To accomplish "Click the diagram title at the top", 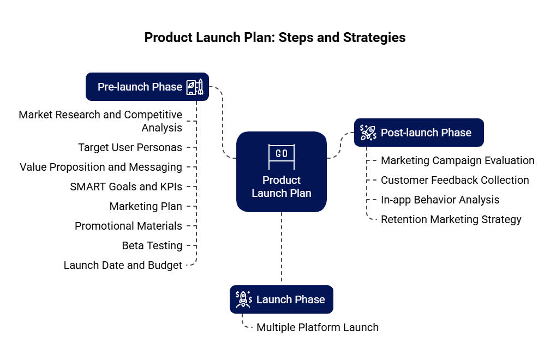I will [275, 38].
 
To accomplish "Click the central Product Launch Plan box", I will [282, 171].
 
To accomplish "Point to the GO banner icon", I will [282, 154].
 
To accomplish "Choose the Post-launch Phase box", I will [419, 133].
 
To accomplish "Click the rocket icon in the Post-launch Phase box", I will [368, 133].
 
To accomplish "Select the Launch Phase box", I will [282, 299].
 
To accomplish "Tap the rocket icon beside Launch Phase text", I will [243, 299].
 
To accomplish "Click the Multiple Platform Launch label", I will [317, 327].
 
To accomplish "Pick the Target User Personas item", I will [130, 147].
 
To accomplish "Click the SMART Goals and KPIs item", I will [126, 187].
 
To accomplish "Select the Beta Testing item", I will [152, 245].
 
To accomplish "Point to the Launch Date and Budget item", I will [123, 265].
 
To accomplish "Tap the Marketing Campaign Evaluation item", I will [457, 160].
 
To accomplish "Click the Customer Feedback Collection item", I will [455, 180].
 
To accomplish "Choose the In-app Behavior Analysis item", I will [440, 200].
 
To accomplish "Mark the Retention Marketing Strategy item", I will [451, 219].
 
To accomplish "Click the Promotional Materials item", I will [128, 226].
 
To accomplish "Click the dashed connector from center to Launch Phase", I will [282, 248].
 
